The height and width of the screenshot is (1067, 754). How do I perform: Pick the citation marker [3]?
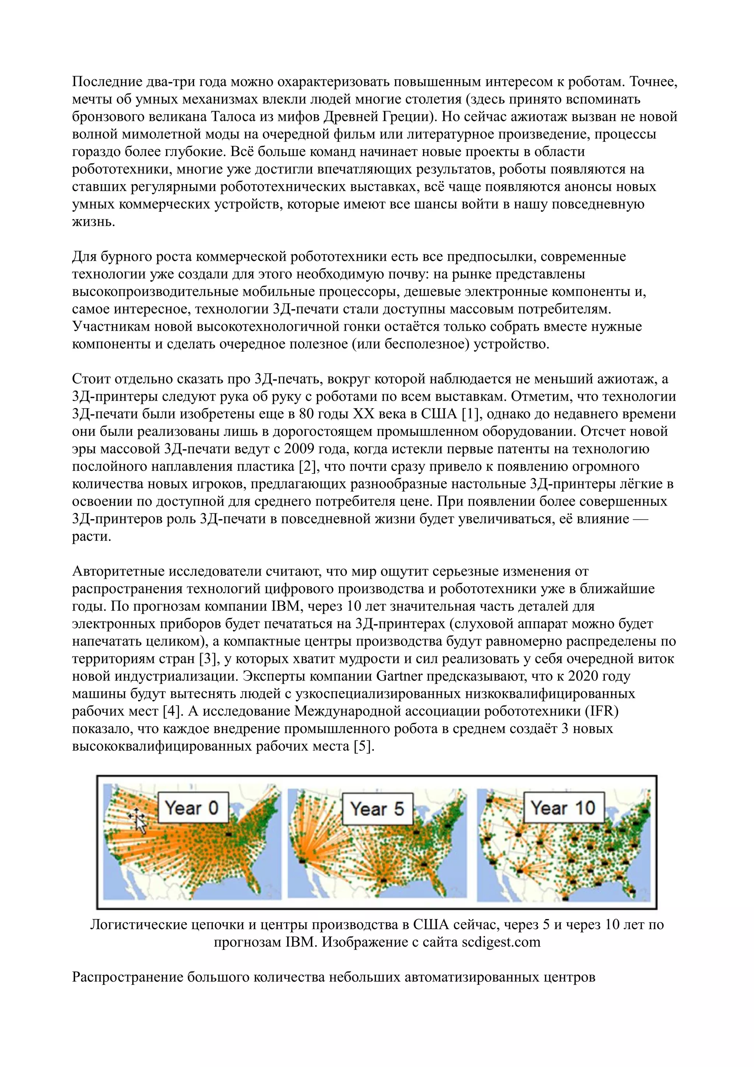[x=208, y=659]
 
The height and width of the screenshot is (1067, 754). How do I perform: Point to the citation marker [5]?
[x=363, y=746]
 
